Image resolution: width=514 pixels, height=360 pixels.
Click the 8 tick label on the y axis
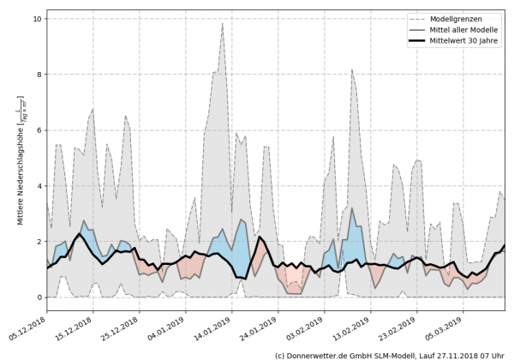[39, 75]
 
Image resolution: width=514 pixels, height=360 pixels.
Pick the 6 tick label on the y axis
[39, 130]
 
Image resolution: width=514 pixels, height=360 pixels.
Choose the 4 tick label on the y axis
[39, 186]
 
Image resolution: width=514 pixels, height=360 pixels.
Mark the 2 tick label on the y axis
[39, 242]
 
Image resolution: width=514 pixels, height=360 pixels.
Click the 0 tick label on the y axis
[39, 297]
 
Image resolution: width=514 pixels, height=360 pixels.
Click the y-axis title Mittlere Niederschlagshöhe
[19, 163]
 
